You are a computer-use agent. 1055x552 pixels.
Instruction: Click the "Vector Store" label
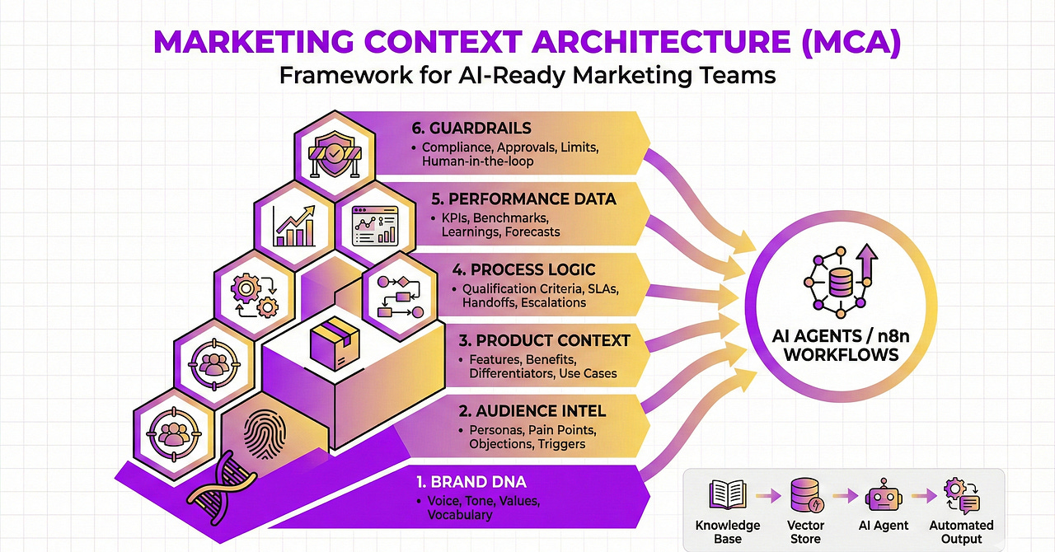806,531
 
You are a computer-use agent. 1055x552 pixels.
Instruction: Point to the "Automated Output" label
961,531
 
